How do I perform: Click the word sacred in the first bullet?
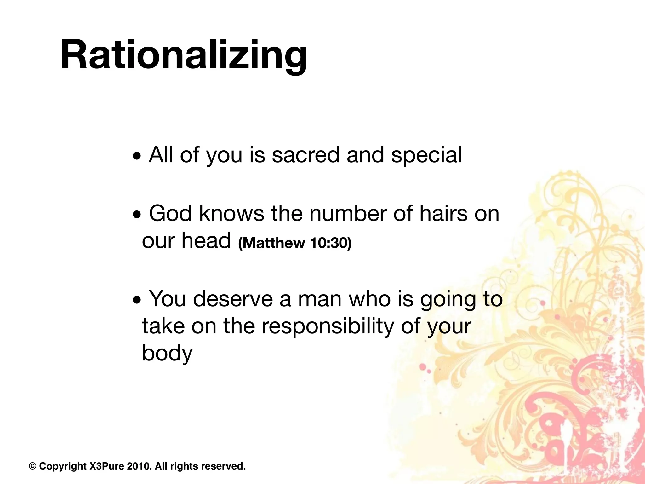(x=305, y=155)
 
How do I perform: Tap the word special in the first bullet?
(x=426, y=155)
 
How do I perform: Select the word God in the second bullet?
(x=170, y=214)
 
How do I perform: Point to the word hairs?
(x=438, y=214)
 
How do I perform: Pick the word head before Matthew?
(x=207, y=241)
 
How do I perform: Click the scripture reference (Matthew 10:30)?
(x=294, y=243)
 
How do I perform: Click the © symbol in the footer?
(x=32, y=466)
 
